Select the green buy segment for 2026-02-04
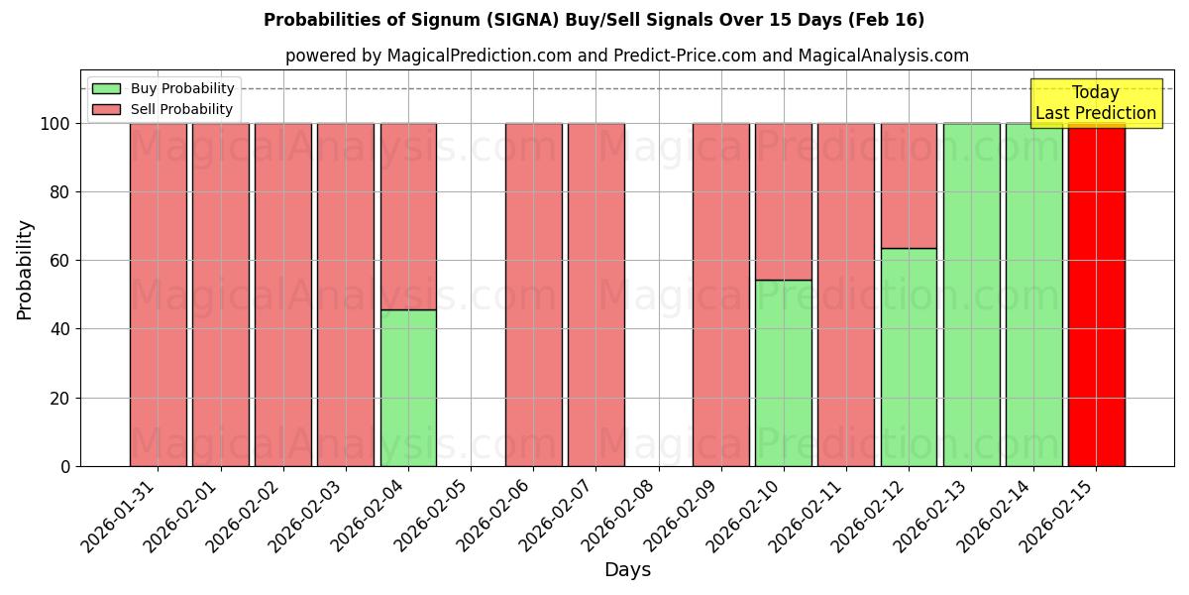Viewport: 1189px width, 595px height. click(x=408, y=388)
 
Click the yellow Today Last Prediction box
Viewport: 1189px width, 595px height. click(x=1095, y=103)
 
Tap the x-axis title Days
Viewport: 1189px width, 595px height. click(x=627, y=570)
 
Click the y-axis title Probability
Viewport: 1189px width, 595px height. click(x=25, y=269)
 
